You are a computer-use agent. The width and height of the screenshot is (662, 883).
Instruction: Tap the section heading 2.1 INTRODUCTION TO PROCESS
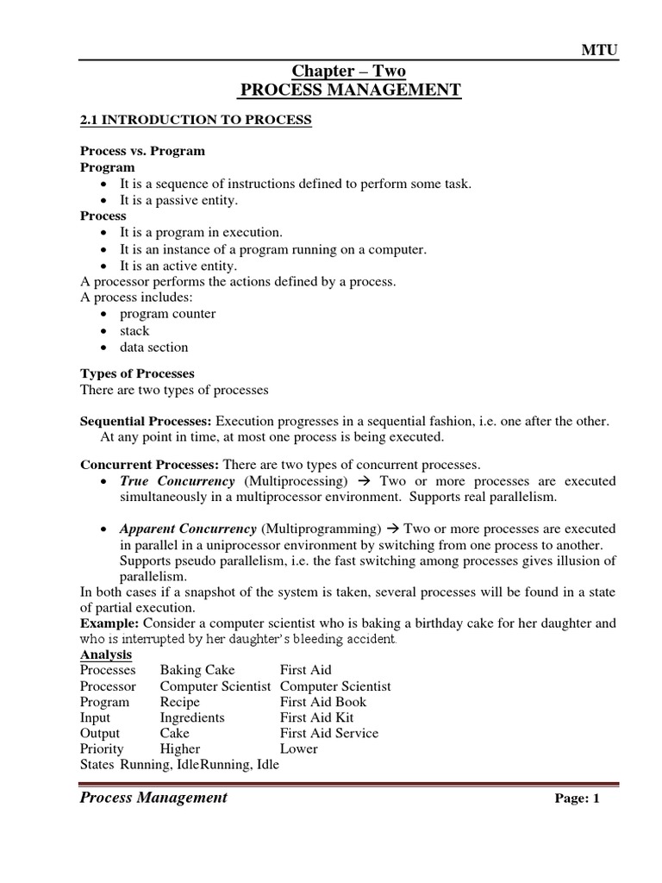click(x=196, y=120)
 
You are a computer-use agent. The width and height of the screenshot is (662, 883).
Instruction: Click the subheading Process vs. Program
click(x=142, y=151)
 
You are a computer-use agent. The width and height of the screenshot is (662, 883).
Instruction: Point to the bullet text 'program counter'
click(x=167, y=314)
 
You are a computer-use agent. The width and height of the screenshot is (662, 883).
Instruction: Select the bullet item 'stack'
click(x=134, y=330)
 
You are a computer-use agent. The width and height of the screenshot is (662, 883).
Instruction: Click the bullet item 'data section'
click(x=153, y=348)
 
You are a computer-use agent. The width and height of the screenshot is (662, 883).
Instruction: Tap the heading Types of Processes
click(x=137, y=373)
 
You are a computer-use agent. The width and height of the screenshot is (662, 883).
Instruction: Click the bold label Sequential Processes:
click(x=146, y=421)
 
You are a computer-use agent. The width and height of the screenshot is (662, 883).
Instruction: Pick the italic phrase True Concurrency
click(x=177, y=480)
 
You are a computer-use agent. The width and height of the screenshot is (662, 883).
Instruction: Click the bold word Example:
click(x=110, y=623)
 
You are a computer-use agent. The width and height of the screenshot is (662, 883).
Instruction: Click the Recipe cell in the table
click(x=178, y=702)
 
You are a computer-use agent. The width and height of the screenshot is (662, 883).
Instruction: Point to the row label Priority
click(x=102, y=748)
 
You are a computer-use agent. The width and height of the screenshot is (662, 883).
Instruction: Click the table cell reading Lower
click(x=298, y=748)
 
